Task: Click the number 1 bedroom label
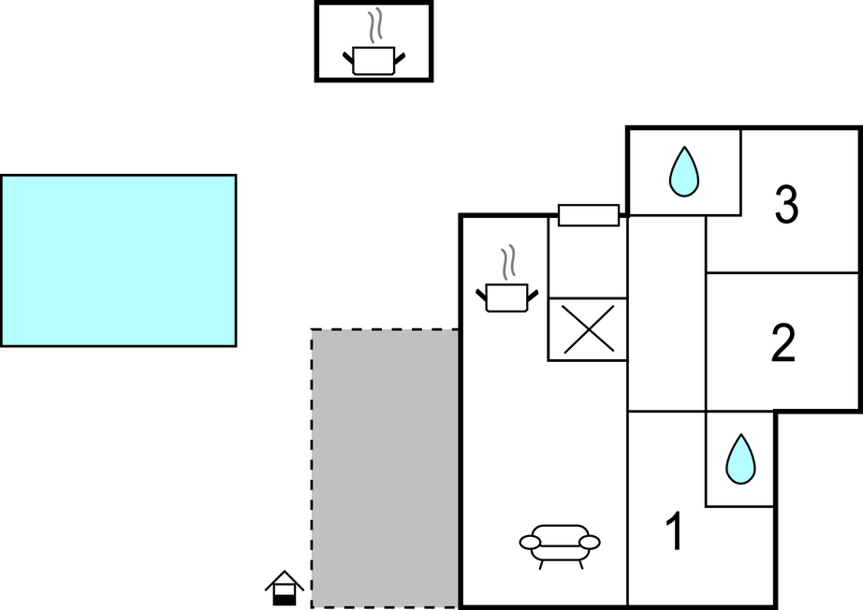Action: click(x=673, y=532)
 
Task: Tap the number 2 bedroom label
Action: click(x=783, y=343)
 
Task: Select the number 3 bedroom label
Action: click(x=786, y=205)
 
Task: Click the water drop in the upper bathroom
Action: click(x=684, y=171)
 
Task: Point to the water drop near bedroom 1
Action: click(x=740, y=458)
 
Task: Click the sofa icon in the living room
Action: click(x=560, y=543)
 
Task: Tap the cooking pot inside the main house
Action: click(x=507, y=297)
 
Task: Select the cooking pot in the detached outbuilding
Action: click(x=373, y=60)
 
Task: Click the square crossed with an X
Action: click(x=587, y=329)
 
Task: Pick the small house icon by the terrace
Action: click(x=284, y=588)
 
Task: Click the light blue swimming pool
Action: click(x=118, y=260)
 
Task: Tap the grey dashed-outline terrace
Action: click(x=385, y=468)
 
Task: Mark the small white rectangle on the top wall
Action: click(x=589, y=215)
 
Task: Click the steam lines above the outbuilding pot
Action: click(x=374, y=25)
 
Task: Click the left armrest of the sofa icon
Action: click(x=530, y=542)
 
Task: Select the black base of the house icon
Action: click(x=284, y=596)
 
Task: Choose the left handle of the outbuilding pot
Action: click(x=348, y=59)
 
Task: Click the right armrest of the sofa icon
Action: click(x=590, y=542)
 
